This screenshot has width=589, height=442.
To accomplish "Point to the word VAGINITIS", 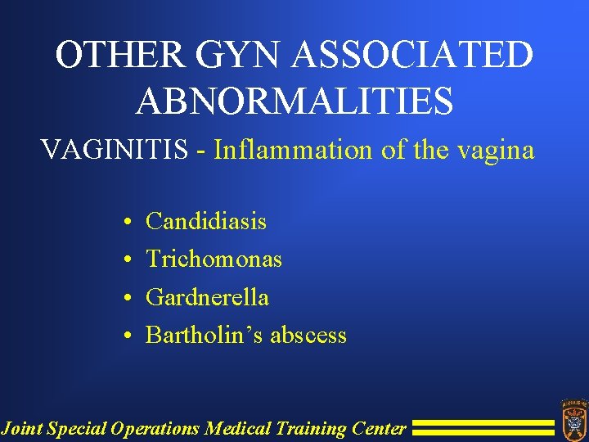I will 120,150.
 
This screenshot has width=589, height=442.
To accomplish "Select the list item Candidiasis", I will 206,221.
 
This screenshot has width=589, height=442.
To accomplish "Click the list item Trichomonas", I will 214,259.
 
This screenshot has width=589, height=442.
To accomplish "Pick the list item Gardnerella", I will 207,297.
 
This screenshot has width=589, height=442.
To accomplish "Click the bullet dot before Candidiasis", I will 130,223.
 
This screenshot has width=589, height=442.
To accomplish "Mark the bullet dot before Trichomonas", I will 130,261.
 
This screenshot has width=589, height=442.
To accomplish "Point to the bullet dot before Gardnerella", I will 130,299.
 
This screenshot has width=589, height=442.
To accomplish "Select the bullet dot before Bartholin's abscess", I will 130,336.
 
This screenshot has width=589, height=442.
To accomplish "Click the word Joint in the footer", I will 23,428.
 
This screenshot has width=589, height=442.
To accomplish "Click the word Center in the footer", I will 379,428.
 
